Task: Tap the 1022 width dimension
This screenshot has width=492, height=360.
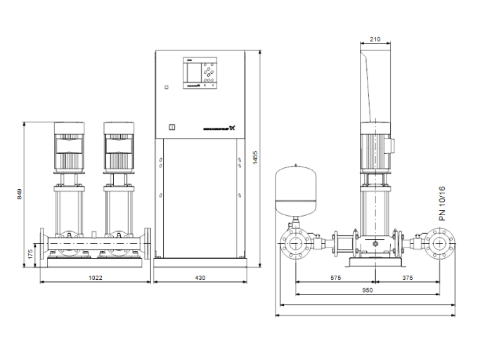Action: pos(97,278)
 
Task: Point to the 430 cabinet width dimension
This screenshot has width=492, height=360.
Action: pos(200,278)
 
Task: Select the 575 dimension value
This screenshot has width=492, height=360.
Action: pos(335,278)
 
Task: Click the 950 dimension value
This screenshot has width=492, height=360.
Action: pos(367,290)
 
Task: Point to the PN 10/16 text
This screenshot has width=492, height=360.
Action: pos(442,205)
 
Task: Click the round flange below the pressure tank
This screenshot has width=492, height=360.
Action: pos(294,245)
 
